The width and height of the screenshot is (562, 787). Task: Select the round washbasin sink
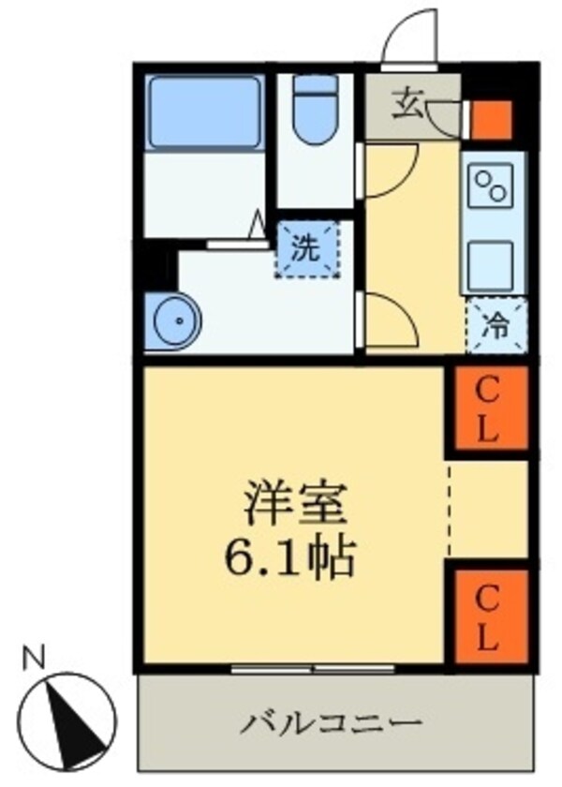pos(174,320)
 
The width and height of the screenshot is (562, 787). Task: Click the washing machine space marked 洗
pos(305,250)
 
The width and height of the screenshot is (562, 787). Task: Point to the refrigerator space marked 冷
pos(496,326)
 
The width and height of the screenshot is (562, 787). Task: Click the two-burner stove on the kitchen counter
pos(493,187)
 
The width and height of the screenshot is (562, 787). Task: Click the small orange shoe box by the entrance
pos(490,119)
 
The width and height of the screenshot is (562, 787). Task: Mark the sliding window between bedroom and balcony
pos(313,669)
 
